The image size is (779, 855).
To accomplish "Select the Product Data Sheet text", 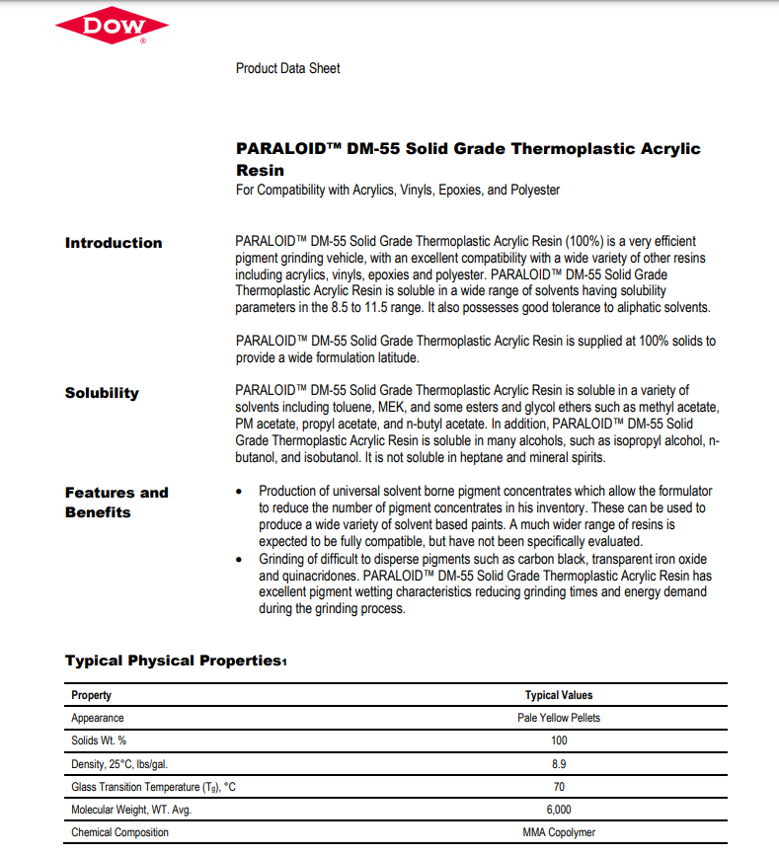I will pyautogui.click(x=288, y=68).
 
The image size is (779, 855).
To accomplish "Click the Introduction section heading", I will pyautogui.click(x=114, y=243).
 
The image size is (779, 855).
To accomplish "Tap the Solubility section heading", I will pyautogui.click(x=102, y=393).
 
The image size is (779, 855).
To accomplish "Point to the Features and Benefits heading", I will pyautogui.click(x=117, y=502).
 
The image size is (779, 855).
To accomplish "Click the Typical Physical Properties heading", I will pyautogui.click(x=175, y=661).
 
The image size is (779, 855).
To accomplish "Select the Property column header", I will pyautogui.click(x=92, y=695).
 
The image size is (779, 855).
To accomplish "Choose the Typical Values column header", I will pyautogui.click(x=559, y=695).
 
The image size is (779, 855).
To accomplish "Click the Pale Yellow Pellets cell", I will pyautogui.click(x=559, y=718).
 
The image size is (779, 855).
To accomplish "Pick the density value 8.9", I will pyautogui.click(x=559, y=763).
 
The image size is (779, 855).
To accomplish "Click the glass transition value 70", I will pyautogui.click(x=559, y=787).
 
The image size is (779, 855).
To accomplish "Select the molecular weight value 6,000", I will pyautogui.click(x=559, y=810).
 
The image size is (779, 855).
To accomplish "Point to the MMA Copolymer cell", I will pyautogui.click(x=559, y=832).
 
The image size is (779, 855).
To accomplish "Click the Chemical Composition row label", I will pyautogui.click(x=119, y=832).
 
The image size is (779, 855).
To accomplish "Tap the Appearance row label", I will pyautogui.click(x=98, y=718).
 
